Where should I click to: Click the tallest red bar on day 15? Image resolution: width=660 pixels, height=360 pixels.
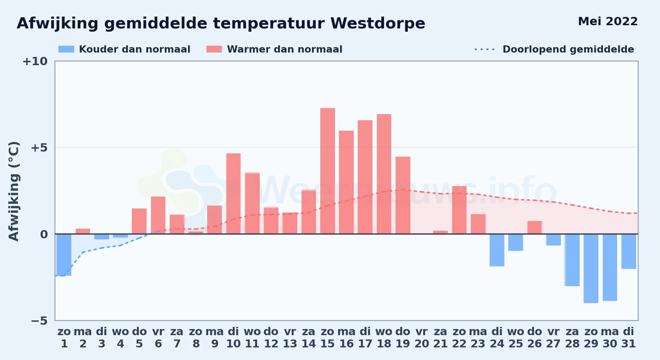pos(327,171)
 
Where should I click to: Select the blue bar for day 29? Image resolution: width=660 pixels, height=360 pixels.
pos(591,269)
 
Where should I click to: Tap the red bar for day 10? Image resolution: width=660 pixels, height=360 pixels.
pos(233,193)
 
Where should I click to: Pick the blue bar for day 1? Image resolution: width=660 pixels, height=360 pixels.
pos(64,255)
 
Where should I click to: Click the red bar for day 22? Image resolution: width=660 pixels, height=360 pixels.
pos(459,210)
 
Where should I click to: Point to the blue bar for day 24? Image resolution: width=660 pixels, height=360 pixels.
pos(497,250)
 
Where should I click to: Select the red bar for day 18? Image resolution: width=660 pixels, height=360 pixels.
pos(384,174)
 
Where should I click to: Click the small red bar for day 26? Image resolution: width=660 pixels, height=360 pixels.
pos(535,228)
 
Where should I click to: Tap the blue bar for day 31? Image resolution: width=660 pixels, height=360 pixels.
pos(629,252)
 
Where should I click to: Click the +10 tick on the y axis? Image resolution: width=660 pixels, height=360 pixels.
pos(35,62)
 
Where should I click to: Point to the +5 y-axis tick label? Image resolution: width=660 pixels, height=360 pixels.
pos(39,148)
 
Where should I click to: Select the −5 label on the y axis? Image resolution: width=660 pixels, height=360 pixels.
pos(39,321)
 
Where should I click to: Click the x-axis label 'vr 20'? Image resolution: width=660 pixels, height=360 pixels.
pos(422,338)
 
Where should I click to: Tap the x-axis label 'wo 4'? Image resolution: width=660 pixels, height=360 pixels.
pos(120,338)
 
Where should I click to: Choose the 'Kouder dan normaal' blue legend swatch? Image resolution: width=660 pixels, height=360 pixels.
pos(66,49)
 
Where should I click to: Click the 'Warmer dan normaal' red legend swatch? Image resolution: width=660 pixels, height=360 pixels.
pos(214,49)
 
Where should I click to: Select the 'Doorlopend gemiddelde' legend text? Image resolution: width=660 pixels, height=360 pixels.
pos(568,49)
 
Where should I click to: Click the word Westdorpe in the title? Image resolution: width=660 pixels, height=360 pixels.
pos(378,23)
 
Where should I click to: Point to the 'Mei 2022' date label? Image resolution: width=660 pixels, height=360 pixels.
pos(608,22)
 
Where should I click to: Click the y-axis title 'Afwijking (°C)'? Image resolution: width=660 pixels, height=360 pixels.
pos(14,191)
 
